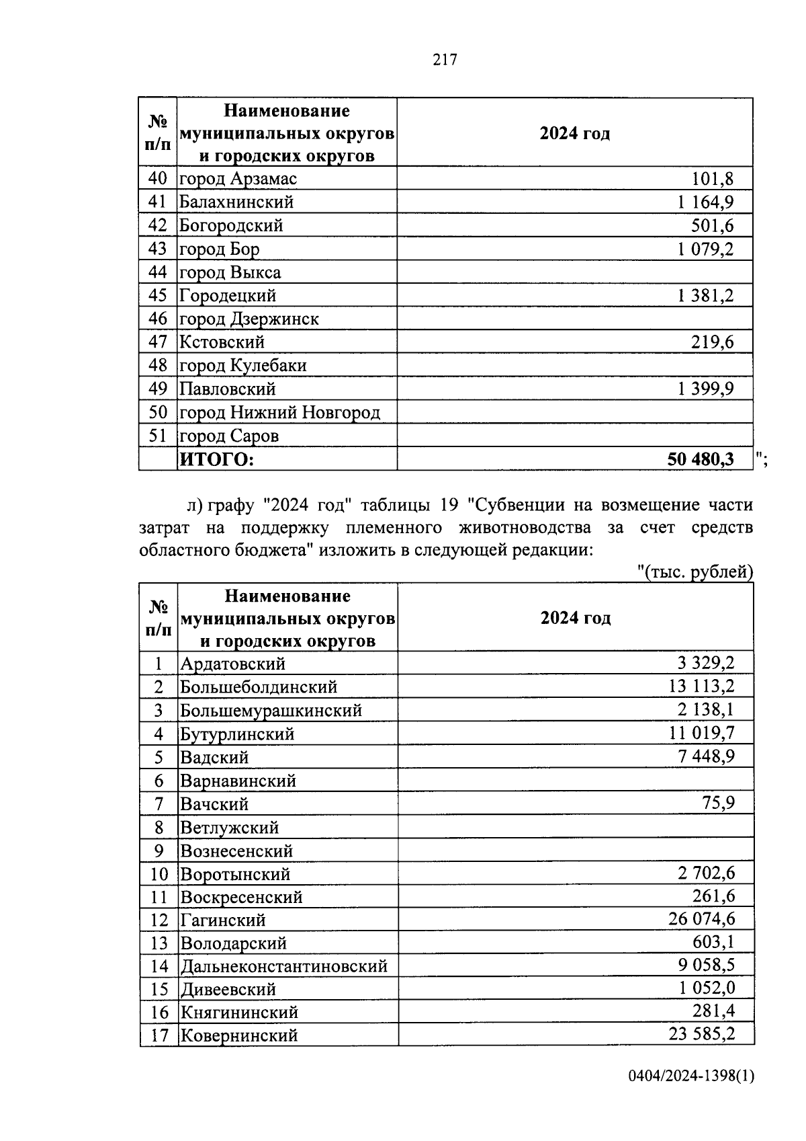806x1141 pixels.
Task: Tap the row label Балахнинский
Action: coord(236,202)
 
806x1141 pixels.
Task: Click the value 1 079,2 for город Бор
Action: coord(705,249)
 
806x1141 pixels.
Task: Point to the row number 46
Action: coord(157,319)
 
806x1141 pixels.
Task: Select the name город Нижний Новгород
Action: coord(279,412)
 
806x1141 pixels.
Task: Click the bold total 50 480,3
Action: coord(700,459)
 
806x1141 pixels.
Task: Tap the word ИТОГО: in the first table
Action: coord(216,459)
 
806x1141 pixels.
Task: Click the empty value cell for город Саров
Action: coord(574,436)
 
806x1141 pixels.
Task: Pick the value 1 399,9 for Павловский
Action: coord(705,389)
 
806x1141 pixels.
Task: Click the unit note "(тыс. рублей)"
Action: coord(695,572)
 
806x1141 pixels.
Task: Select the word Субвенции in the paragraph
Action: coord(514,505)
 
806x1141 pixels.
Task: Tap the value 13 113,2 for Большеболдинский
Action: coord(701,686)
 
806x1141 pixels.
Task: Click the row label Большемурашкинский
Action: coord(271,711)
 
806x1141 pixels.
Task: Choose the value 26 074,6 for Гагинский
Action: coord(701,919)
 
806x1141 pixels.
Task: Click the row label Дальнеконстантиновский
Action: coord(283,966)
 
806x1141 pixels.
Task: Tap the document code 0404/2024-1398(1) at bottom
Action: coord(691,1076)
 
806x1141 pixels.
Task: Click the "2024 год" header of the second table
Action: coord(576,618)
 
